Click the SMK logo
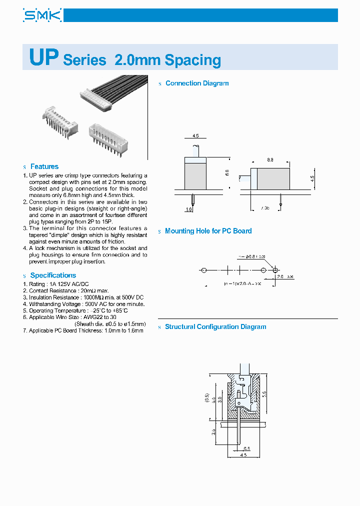pyautogui.click(x=42, y=15)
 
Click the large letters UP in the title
pyautogui.click(x=44, y=57)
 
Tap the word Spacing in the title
pyautogui.click(x=192, y=60)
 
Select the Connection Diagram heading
pyautogui.click(x=197, y=83)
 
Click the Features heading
pyautogui.click(x=44, y=166)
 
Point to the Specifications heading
pyautogui.click(x=53, y=275)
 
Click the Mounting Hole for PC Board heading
pyautogui.click(x=208, y=231)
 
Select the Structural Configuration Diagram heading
pyautogui.click(x=215, y=327)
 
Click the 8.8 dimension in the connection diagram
pyautogui.click(x=270, y=160)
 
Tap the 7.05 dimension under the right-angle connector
pyautogui.click(x=264, y=207)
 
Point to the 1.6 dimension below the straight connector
pyautogui.click(x=189, y=209)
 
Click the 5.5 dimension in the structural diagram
pyautogui.click(x=263, y=394)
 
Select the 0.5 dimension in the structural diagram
pyautogui.click(x=247, y=448)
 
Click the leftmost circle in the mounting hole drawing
pyautogui.click(x=203, y=270)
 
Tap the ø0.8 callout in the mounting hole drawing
pyautogui.click(x=249, y=256)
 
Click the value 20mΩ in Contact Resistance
pyautogui.click(x=88, y=290)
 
